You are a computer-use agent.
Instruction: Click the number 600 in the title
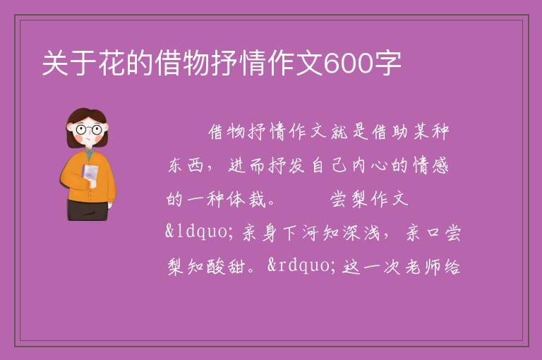pyautogui.click(x=348, y=64)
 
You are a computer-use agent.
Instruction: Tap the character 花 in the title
pyautogui.click(x=112, y=64)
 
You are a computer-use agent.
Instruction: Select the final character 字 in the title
pyautogui.click(x=387, y=64)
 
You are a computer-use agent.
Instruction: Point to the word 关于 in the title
pyautogui.click(x=70, y=64)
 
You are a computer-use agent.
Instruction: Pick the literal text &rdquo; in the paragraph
pyautogui.click(x=301, y=265)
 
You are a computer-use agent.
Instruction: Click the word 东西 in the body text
pyautogui.click(x=186, y=165)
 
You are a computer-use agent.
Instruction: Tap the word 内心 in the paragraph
pyautogui.click(x=370, y=165)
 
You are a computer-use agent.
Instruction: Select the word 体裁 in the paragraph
pyautogui.click(x=247, y=199)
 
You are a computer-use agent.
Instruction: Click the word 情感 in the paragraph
pyautogui.click(x=430, y=165)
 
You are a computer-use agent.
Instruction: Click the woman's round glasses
pyautogui.click(x=89, y=130)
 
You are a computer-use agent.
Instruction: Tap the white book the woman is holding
pyautogui.click(x=90, y=174)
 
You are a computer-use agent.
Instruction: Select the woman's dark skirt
pyautogui.click(x=88, y=210)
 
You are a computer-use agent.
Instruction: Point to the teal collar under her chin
pyautogui.click(x=89, y=154)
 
